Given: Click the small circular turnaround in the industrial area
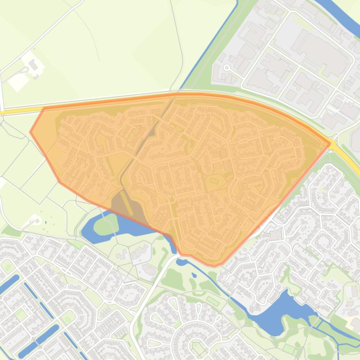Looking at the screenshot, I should [x=227, y=68].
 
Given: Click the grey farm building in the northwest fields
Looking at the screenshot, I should [x=33, y=64].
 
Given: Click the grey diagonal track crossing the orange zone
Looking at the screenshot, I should [x=140, y=145].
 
